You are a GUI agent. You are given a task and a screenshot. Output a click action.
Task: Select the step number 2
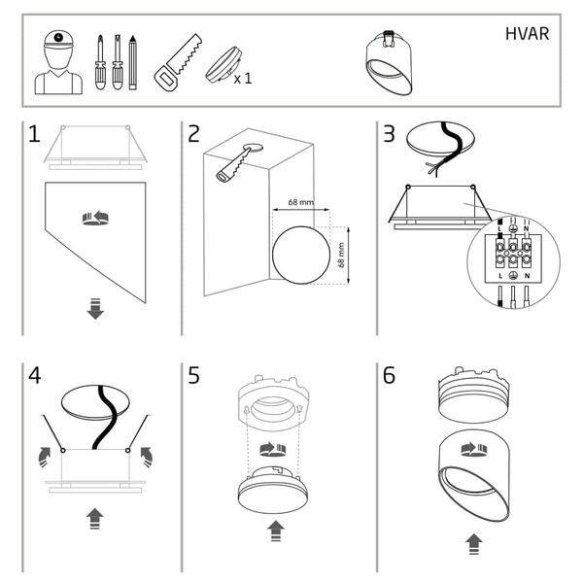coord(194,134)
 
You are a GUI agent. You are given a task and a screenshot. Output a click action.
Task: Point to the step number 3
coord(389,134)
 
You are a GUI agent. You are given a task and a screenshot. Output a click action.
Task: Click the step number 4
coord(34,375)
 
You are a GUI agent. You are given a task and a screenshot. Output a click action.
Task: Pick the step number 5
coord(194,375)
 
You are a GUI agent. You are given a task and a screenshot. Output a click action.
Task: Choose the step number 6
coord(389,375)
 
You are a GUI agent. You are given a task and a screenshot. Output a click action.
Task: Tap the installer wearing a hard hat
coord(59,61)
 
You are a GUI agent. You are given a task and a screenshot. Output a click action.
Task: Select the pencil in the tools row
coord(133,61)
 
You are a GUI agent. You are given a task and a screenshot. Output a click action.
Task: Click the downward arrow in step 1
coord(95,310)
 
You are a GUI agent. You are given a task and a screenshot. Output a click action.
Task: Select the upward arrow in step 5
coord(275,531)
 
